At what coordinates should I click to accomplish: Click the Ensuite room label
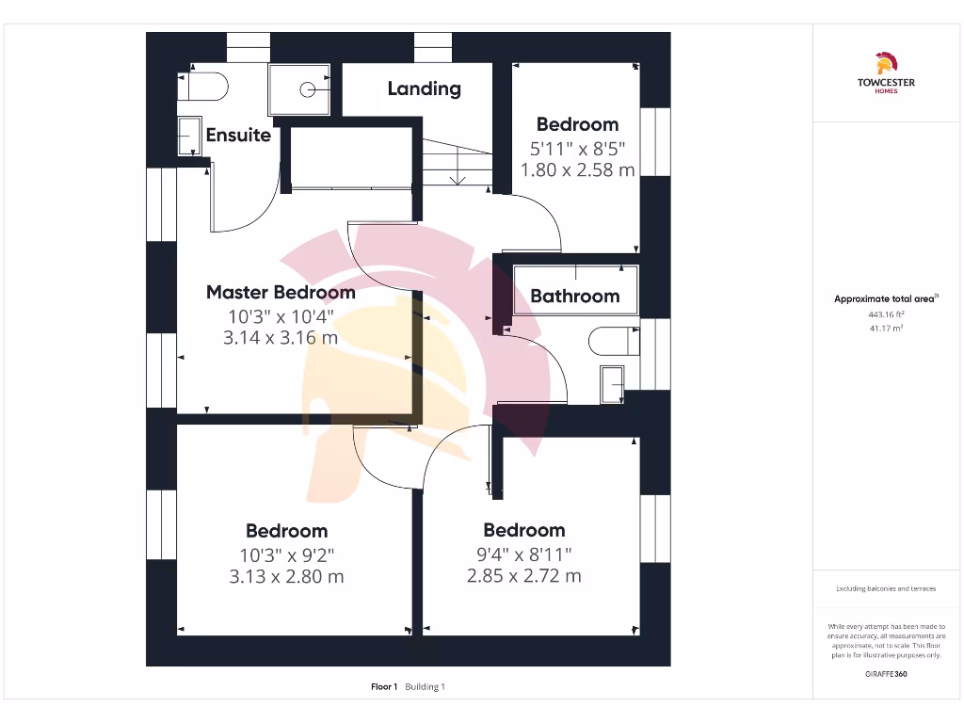coord(238,135)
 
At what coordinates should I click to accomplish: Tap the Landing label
coord(424,88)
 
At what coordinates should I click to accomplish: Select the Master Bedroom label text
coord(281,292)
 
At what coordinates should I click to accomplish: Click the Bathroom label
coord(574,296)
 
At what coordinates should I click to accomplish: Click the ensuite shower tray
coord(299,89)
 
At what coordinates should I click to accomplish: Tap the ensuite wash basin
coord(189,137)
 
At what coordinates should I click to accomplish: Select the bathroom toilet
coord(612,341)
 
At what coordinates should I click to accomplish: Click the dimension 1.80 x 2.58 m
coord(577,169)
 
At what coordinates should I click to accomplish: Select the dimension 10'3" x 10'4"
coord(281,316)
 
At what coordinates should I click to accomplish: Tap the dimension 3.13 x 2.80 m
coord(286,576)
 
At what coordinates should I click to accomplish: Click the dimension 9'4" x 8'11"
coord(523,554)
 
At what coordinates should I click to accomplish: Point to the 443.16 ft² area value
coord(885,314)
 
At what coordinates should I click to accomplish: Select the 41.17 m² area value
coord(885,328)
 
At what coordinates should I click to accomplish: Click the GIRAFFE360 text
coord(885,674)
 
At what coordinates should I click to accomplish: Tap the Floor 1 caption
coord(385,687)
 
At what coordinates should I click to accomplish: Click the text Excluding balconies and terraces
coord(885,588)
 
